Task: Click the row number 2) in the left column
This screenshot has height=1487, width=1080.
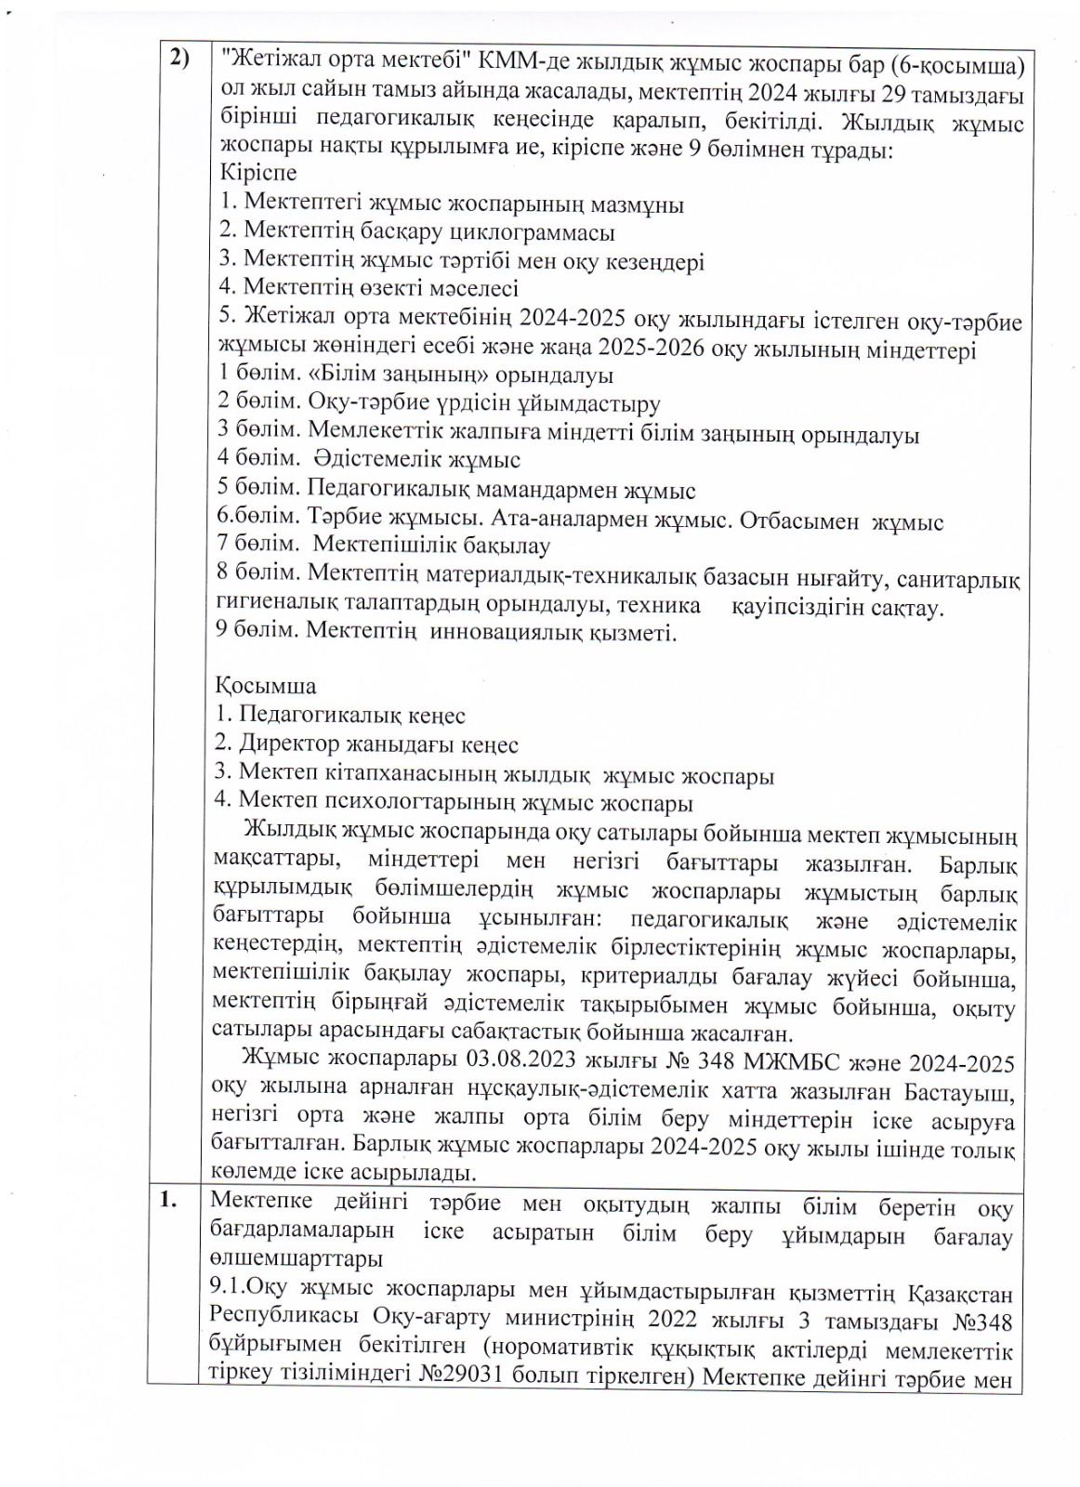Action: point(178,59)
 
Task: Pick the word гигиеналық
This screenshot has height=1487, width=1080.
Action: point(270,607)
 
